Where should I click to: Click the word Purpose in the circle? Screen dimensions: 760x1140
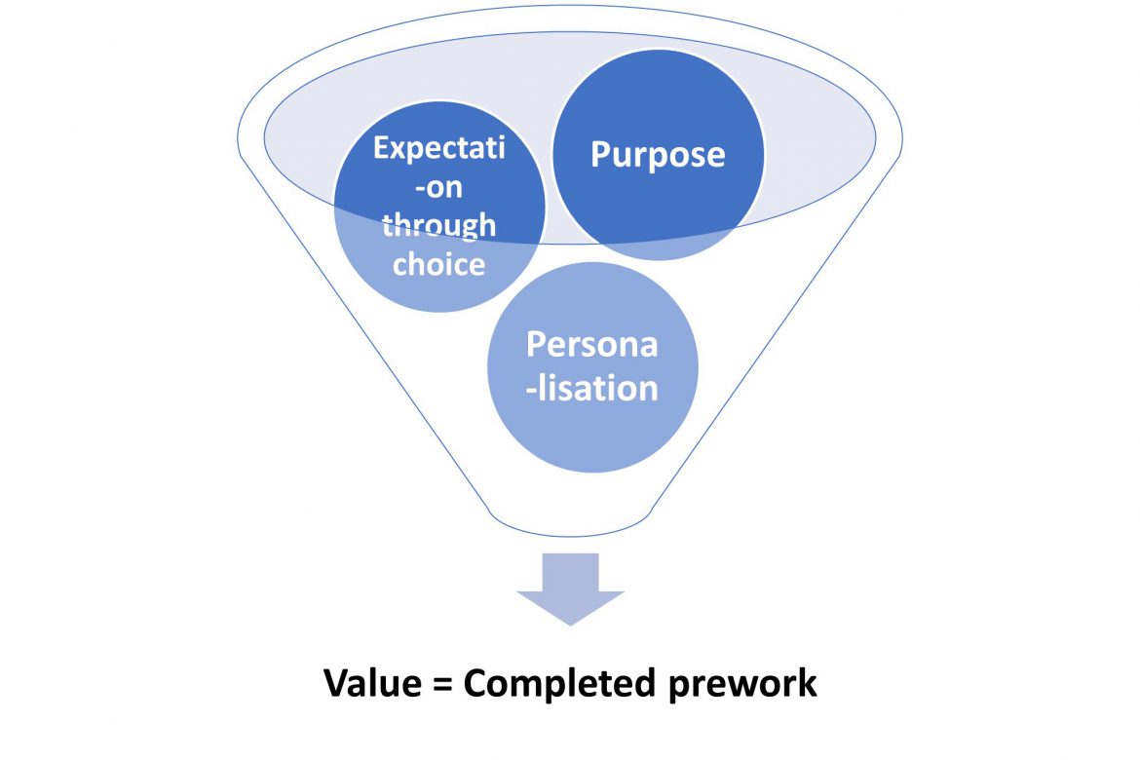click(x=658, y=155)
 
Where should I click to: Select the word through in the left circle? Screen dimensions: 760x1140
click(x=438, y=225)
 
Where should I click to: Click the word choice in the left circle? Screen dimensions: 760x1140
click(x=438, y=263)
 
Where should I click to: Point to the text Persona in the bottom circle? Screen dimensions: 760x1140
click(x=592, y=345)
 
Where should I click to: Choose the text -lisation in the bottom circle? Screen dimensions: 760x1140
click(x=592, y=387)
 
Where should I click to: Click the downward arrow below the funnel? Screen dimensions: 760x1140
click(x=570, y=585)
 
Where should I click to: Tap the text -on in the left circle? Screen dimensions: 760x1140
click(x=439, y=187)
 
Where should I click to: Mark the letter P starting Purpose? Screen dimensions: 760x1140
click(x=601, y=155)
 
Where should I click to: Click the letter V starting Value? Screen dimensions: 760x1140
click(x=335, y=684)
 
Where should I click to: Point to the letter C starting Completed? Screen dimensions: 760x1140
click(x=477, y=684)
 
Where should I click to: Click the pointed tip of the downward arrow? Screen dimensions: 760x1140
click(x=570, y=622)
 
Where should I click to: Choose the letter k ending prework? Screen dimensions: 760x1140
click(x=808, y=683)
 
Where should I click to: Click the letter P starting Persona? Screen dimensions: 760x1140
click(x=536, y=345)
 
